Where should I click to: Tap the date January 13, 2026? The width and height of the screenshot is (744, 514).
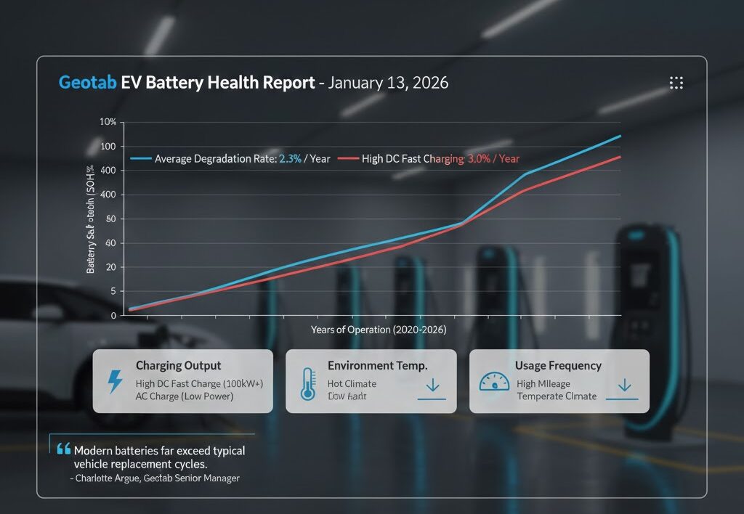point(388,82)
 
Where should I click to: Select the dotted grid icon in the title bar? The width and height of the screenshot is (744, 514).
point(676,83)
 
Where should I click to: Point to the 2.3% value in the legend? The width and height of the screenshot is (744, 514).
point(288,158)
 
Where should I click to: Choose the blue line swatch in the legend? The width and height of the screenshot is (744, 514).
point(141,158)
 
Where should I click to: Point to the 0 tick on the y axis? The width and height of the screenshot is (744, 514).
point(114,315)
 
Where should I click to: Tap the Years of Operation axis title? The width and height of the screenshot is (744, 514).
point(379,330)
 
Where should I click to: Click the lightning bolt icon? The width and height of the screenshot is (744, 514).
point(115,382)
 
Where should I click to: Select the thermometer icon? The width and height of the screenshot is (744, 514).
point(307,384)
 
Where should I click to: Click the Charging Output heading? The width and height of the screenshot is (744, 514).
point(178,366)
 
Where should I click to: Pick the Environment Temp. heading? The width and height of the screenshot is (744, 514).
point(377,366)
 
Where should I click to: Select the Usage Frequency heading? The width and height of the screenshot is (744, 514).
point(557,366)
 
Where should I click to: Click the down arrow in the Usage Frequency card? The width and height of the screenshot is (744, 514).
point(625,385)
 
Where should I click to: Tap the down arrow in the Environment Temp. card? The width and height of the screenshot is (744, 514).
point(432,385)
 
